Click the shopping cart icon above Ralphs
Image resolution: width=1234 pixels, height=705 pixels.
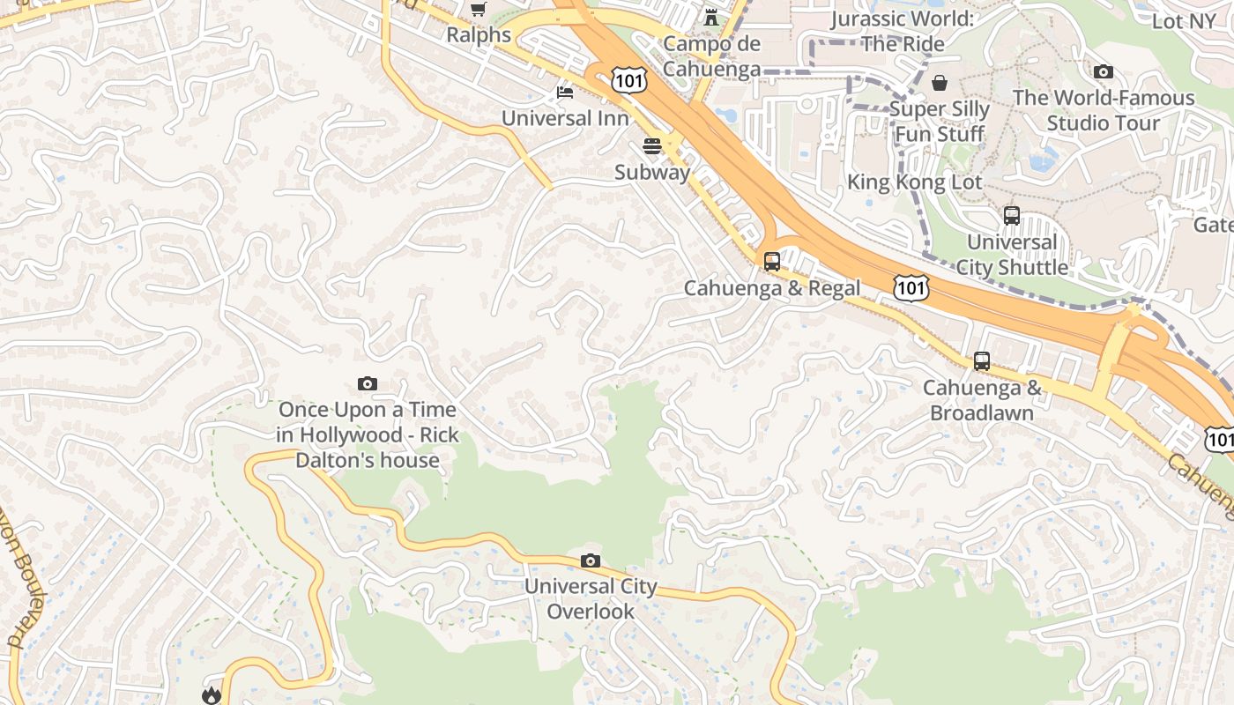478,9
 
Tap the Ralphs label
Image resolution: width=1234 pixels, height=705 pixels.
479,35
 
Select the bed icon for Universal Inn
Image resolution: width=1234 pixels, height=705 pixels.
565,92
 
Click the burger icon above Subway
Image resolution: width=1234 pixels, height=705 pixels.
652,146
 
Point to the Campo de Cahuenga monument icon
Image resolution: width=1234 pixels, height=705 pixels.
710,18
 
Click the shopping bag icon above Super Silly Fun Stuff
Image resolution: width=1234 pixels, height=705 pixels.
940,83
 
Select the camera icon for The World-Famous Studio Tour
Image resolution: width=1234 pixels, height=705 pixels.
1103,72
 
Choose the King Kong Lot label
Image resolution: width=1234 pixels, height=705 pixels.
914,182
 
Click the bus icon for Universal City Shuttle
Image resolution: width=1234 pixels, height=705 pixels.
1012,216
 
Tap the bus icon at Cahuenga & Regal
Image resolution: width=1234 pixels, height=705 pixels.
772,262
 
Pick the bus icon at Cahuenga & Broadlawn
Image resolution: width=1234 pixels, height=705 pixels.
982,361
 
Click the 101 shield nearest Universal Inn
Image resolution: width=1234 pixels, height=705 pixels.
630,82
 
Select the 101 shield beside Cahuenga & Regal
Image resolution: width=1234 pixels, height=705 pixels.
911,287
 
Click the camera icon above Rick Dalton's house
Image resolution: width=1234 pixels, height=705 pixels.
368,383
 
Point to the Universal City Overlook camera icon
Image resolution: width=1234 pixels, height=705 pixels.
591,561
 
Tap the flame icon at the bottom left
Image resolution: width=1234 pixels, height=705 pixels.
211,695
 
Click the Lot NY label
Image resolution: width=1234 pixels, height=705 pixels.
1183,21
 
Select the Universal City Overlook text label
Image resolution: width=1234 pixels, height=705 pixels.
591,599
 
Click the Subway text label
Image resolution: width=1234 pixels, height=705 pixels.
652,173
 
